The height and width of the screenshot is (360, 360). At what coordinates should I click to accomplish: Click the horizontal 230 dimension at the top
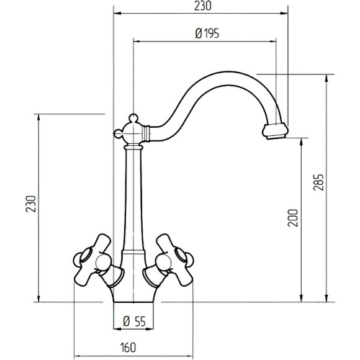click(202, 6)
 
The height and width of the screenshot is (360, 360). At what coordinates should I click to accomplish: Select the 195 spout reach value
click(212, 34)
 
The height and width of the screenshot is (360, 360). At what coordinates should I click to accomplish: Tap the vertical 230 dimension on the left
click(31, 204)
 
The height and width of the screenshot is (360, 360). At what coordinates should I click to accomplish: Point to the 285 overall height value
click(318, 182)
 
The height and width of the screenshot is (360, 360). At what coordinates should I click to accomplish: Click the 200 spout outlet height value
click(293, 218)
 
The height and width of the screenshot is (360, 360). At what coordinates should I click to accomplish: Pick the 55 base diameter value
click(140, 321)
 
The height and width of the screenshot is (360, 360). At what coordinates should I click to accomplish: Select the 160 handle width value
click(128, 348)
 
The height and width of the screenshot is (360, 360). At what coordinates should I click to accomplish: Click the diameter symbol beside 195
click(199, 34)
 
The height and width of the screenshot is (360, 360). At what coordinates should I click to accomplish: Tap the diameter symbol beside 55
click(127, 321)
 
